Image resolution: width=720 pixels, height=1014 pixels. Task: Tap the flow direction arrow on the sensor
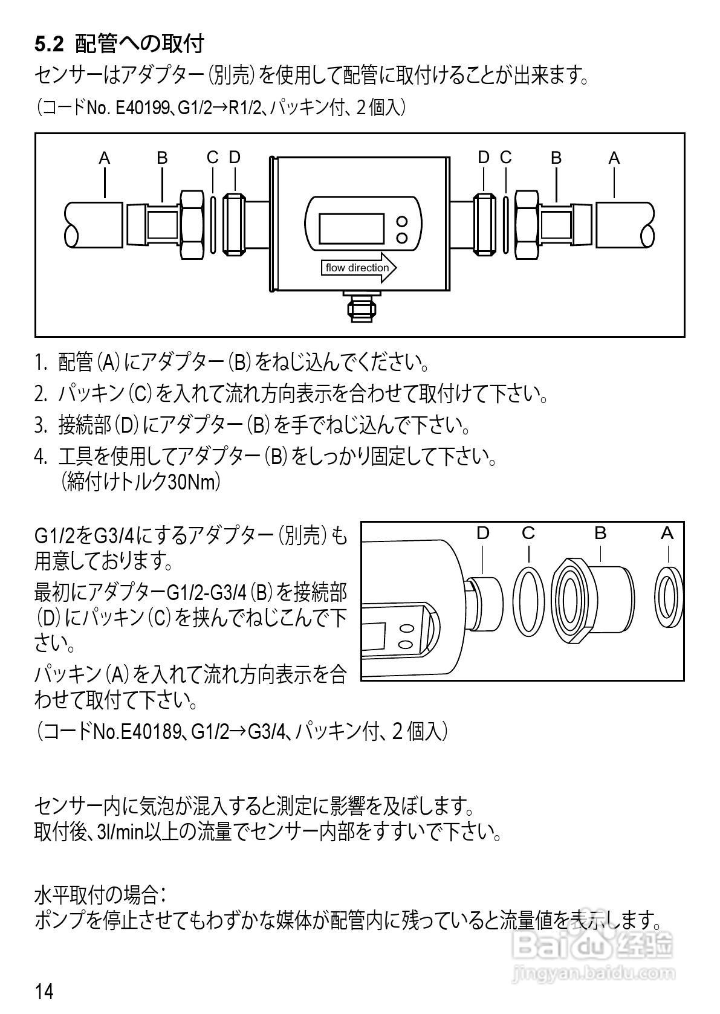(358, 268)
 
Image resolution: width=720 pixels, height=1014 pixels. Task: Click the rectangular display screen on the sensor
(351, 228)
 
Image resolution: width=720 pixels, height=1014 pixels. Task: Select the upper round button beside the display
(401, 221)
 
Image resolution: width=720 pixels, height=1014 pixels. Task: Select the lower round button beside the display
(401, 237)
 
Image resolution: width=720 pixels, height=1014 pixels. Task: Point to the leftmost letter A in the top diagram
(105, 158)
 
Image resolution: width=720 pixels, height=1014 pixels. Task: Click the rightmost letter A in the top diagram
(614, 158)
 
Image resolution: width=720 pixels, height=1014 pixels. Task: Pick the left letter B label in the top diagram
(162, 158)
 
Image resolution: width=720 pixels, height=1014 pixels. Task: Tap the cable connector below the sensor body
(361, 307)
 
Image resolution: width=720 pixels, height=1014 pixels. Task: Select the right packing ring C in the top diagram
(506, 223)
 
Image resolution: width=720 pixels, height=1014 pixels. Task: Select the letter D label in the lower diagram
(482, 533)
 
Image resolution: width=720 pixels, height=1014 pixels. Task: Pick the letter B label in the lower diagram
(600, 533)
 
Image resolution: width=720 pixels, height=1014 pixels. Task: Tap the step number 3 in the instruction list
(40, 425)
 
